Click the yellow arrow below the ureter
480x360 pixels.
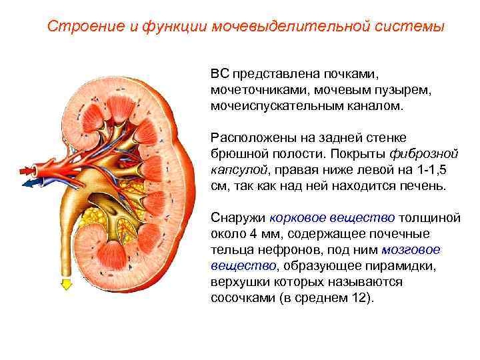pos(66,285)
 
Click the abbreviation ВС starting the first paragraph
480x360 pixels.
pos(219,71)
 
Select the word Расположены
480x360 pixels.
pos(249,137)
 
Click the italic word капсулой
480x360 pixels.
pos(238,169)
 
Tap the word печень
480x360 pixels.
pos(422,186)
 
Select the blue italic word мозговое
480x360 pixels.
pos(411,249)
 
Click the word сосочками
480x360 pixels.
pos(242,297)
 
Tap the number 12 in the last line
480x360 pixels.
pos(357,297)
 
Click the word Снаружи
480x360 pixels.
pos(237,217)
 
